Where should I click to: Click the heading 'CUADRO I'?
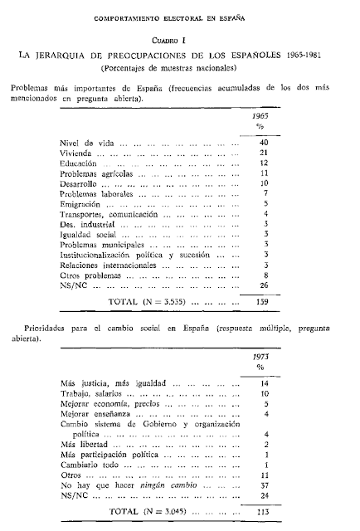(x=180, y=39)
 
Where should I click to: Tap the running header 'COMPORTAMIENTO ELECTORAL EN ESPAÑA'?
(x=180, y=15)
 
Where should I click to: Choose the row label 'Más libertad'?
(x=83, y=444)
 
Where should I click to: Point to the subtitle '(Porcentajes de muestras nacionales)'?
(x=180, y=66)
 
